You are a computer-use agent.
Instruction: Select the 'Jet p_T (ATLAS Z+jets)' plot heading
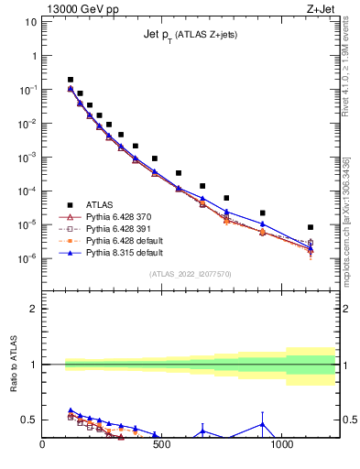point(191,34)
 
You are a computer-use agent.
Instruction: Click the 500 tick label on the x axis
point(162,447)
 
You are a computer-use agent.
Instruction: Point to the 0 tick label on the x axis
point(42,447)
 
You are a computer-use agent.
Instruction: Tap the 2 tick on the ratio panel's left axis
point(33,309)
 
